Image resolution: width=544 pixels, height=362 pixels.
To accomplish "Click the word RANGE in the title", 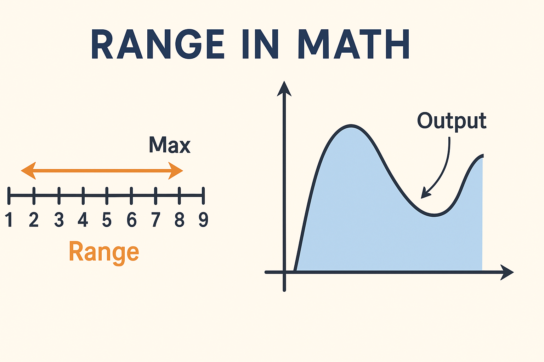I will point(158,45).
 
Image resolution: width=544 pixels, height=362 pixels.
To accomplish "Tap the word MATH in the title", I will point(354,45).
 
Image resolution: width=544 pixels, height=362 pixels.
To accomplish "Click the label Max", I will point(170,145).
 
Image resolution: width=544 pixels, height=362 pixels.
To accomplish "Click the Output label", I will point(452,121).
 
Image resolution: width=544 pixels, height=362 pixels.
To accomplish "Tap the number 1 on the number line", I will point(9,220).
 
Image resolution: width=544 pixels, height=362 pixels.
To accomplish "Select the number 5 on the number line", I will point(107,220).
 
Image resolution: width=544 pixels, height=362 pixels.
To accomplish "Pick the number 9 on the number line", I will point(203,220).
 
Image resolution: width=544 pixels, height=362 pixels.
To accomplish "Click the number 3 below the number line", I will point(59,220).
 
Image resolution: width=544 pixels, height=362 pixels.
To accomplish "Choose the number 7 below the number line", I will point(155,220).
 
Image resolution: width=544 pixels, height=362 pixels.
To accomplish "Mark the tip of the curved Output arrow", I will point(423,196).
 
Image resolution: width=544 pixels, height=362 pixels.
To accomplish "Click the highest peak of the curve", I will point(351,126).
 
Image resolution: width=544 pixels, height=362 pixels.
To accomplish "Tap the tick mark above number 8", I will point(179,195).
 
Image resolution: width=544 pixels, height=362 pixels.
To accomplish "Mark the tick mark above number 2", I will point(34,195).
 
